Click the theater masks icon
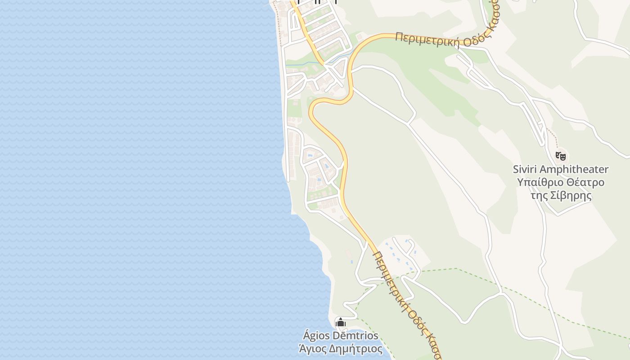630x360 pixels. (x=560, y=156)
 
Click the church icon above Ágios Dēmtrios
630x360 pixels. (x=341, y=322)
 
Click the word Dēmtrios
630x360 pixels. (x=355, y=336)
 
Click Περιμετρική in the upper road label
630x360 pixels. (x=427, y=40)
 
